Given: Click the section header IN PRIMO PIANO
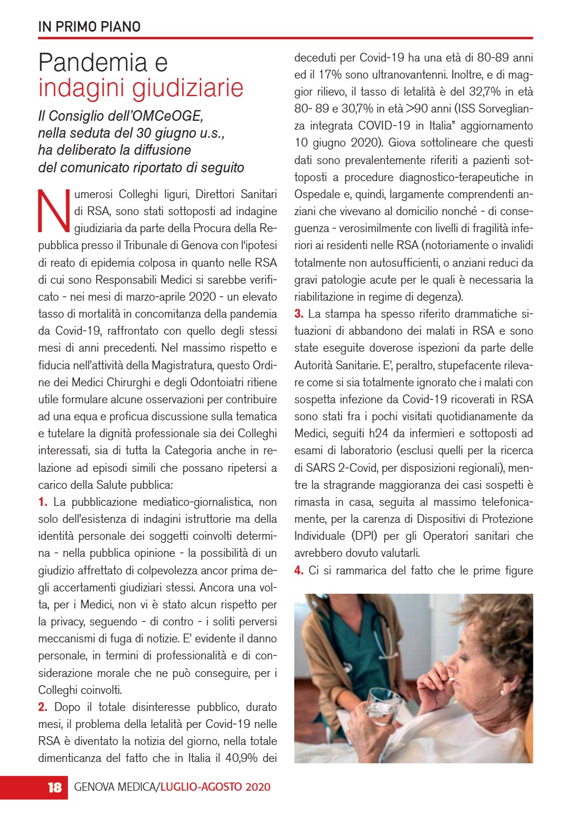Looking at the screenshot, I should [x=89, y=26].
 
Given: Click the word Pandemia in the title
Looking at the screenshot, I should [x=93, y=62].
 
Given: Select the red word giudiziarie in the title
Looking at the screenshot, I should [x=192, y=88].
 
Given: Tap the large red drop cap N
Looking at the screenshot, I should [x=54, y=210].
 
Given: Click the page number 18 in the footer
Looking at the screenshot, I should [x=55, y=787].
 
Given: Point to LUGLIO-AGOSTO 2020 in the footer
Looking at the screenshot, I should [x=215, y=787].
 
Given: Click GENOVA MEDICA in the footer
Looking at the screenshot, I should [x=115, y=787].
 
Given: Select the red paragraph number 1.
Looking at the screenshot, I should [x=43, y=502].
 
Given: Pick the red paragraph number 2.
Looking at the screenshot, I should [x=43, y=707].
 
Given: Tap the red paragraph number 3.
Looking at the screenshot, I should [x=299, y=314].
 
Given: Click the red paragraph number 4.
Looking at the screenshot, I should [x=299, y=571].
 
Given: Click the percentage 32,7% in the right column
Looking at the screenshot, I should [x=486, y=92].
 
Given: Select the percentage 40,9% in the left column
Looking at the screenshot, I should [x=241, y=758].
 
